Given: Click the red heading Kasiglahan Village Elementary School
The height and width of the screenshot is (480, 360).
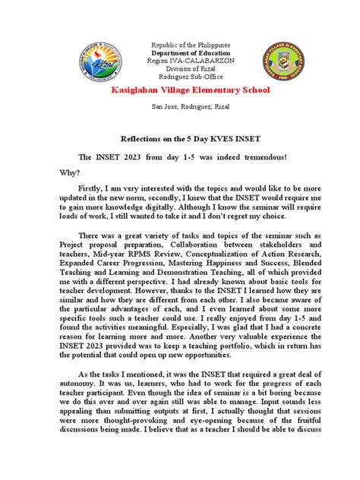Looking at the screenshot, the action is tap(179, 91).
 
